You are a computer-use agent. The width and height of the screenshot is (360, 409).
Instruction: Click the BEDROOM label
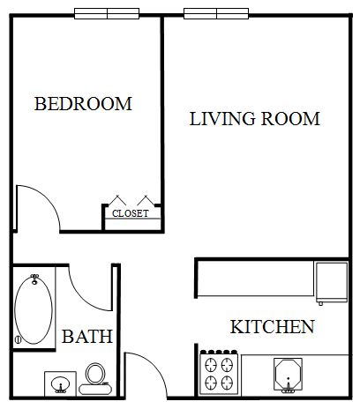click(83, 104)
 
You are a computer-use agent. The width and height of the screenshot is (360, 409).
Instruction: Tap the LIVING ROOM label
click(255, 119)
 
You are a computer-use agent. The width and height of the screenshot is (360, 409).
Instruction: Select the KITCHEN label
click(273, 327)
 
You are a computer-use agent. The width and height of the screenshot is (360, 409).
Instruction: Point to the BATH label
click(87, 337)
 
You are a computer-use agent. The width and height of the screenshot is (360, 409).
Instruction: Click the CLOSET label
click(131, 213)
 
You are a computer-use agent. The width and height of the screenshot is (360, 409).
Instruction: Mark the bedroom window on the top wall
click(107, 13)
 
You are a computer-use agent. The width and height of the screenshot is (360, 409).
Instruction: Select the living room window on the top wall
click(216, 13)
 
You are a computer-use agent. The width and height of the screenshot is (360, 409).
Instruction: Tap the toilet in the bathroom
click(95, 379)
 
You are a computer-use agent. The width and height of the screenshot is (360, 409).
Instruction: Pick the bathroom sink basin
click(60, 384)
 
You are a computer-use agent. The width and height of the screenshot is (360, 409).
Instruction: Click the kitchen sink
click(288, 375)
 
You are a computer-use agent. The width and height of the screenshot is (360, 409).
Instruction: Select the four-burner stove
click(219, 373)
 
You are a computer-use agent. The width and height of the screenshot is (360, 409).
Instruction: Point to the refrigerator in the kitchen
click(332, 282)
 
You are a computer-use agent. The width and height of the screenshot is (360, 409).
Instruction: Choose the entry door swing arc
click(155, 365)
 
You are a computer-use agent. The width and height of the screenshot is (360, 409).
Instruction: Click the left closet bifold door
click(117, 200)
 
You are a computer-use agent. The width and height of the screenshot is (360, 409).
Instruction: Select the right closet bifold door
click(146, 200)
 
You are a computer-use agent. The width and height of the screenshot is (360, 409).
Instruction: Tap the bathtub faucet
click(34, 279)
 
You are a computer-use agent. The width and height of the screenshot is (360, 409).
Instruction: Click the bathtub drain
click(18, 339)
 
